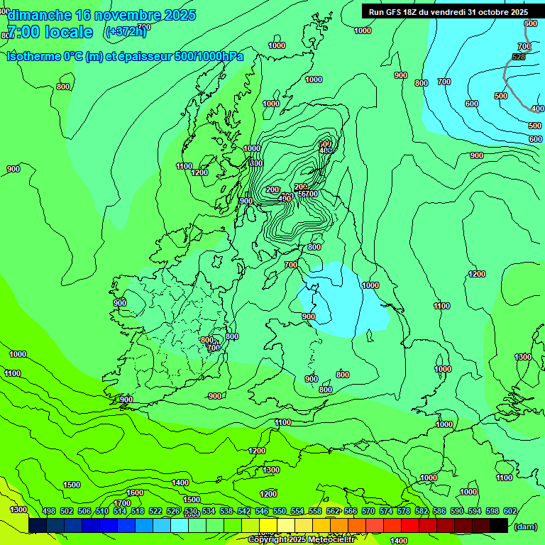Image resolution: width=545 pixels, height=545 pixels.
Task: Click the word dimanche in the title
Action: click(40, 15)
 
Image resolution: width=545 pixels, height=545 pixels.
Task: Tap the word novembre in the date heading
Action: click(129, 15)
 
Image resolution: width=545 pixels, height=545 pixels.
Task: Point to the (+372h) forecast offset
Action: click(126, 31)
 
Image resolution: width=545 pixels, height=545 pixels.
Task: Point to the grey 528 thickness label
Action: click(519, 57)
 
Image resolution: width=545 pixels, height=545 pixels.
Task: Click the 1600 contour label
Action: click(135, 492)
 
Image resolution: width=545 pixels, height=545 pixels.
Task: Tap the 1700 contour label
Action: click(122, 503)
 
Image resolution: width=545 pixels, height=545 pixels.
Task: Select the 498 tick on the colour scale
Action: click(49, 511)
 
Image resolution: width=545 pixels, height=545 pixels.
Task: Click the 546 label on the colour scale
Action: click(262, 511)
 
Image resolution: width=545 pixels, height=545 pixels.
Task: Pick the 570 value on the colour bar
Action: click(368, 511)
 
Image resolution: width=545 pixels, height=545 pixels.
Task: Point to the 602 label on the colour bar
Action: click(510, 511)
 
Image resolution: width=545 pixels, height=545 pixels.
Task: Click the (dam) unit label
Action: click(525, 527)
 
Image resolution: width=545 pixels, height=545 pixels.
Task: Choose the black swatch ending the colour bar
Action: click(499, 525)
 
